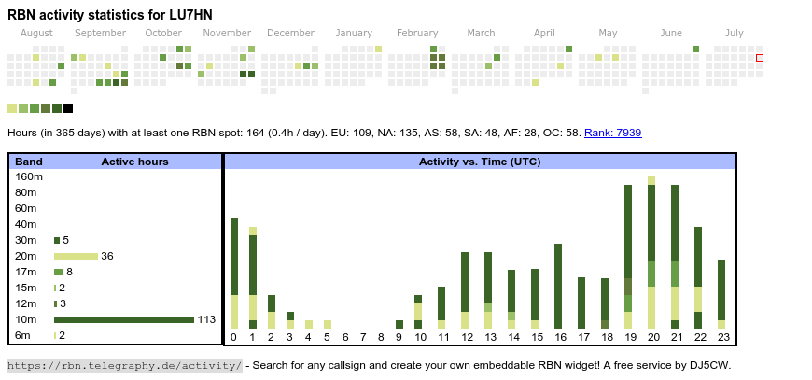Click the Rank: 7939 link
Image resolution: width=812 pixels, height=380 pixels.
[x=612, y=133]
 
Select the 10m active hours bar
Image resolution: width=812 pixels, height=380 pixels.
[x=123, y=319]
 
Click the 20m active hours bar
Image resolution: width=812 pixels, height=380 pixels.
[x=76, y=256]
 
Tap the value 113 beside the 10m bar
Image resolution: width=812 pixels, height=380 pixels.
[x=206, y=319]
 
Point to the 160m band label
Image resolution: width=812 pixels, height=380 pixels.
[x=29, y=176]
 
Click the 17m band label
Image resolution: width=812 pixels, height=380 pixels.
[x=25, y=272]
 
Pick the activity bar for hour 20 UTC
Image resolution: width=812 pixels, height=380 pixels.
[x=651, y=252]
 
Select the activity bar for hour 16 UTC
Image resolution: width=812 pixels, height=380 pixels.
[x=558, y=286]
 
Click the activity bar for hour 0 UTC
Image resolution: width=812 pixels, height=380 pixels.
[x=234, y=274]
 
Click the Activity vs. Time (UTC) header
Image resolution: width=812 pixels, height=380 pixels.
[x=480, y=162]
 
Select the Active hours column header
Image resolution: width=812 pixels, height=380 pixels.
[x=134, y=162]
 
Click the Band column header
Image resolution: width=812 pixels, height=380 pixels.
[x=29, y=162]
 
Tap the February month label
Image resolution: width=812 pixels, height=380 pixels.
[x=417, y=33]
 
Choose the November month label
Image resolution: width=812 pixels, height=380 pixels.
[x=227, y=33]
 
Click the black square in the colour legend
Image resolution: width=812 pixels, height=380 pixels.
[x=68, y=108]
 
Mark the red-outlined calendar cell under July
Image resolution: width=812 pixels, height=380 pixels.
[x=760, y=58]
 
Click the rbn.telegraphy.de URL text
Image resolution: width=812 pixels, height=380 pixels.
[x=125, y=365]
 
